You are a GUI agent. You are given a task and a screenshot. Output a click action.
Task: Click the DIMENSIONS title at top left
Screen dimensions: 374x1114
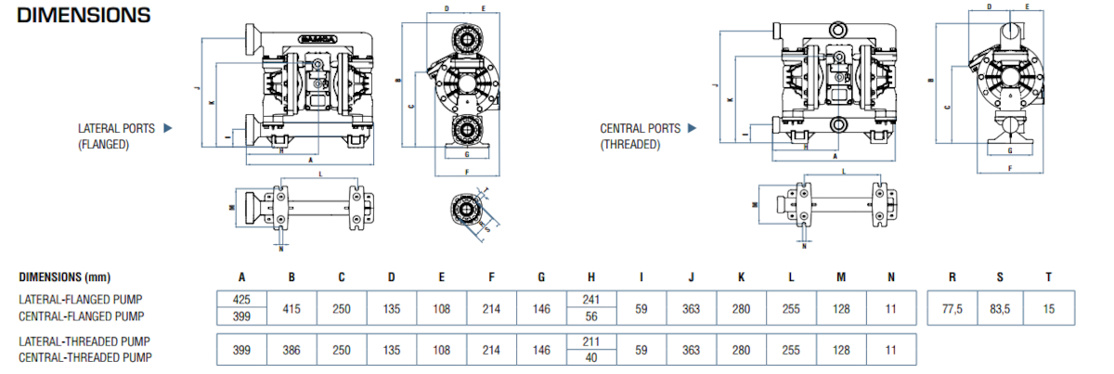tap(84, 16)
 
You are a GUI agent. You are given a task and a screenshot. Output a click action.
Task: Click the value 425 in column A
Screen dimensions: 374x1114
tap(241, 299)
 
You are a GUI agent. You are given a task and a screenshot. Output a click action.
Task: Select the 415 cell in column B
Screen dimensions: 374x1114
tap(291, 307)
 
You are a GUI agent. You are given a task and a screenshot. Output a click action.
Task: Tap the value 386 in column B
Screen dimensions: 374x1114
tap(291, 350)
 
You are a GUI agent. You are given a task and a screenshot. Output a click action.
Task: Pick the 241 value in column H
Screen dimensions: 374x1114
tap(591, 299)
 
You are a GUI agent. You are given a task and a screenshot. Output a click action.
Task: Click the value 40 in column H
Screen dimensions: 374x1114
tap(591, 358)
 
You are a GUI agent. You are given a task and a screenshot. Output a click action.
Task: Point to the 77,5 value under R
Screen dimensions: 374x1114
tap(952, 307)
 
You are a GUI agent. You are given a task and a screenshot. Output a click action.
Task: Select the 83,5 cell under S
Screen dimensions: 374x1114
tap(1000, 307)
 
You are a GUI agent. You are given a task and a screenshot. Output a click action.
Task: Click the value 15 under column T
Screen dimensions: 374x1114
tap(1049, 307)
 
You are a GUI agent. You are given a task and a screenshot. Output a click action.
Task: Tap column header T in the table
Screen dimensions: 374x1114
tap(1049, 277)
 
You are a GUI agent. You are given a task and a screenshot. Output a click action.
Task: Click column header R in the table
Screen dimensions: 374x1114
tap(952, 277)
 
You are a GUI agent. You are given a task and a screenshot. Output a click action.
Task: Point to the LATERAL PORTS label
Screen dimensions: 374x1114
tap(116, 129)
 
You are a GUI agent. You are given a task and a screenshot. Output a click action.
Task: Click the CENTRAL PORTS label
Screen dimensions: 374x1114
tap(641, 128)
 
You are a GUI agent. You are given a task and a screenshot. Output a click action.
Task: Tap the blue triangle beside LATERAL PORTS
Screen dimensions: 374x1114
tap(169, 128)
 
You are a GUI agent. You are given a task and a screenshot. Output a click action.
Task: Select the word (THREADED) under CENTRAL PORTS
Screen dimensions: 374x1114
tap(630, 144)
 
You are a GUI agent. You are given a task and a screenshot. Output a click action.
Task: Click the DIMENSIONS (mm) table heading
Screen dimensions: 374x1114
tap(64, 277)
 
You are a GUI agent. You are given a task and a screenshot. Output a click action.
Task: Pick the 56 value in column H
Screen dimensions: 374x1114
tap(591, 316)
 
